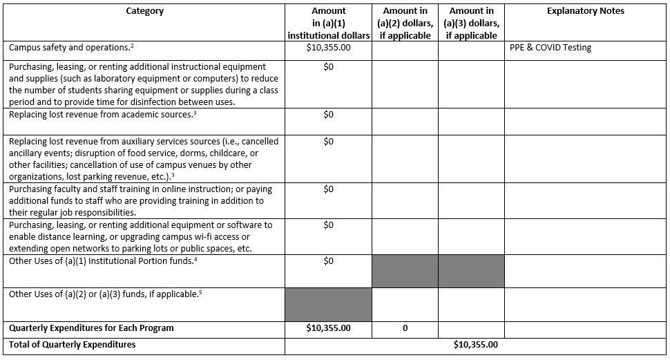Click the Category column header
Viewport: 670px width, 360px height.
(x=145, y=11)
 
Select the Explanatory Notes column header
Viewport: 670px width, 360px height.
(x=585, y=11)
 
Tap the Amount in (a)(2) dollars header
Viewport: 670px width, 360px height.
(x=405, y=23)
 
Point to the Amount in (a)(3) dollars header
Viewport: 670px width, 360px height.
(x=471, y=23)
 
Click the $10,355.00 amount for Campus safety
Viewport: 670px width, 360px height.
(x=328, y=48)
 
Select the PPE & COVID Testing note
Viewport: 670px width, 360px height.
(x=551, y=48)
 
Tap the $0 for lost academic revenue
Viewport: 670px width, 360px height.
(x=328, y=115)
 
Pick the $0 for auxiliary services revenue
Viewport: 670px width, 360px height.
(x=328, y=142)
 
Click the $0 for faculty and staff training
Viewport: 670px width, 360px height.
(x=328, y=189)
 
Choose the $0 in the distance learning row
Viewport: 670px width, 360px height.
(x=328, y=225)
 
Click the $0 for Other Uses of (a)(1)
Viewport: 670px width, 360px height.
(x=328, y=261)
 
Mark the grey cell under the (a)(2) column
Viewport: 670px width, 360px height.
(x=405, y=271)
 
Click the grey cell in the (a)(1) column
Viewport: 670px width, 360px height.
(x=328, y=304)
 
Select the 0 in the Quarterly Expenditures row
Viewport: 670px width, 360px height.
(x=405, y=329)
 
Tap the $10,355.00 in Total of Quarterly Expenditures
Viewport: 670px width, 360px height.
(x=475, y=345)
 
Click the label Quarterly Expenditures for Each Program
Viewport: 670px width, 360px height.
(x=91, y=328)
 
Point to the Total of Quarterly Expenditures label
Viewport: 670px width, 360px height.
(x=73, y=345)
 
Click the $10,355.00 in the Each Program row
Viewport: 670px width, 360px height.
(x=328, y=328)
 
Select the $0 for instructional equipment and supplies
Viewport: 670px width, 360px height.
(x=328, y=67)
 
